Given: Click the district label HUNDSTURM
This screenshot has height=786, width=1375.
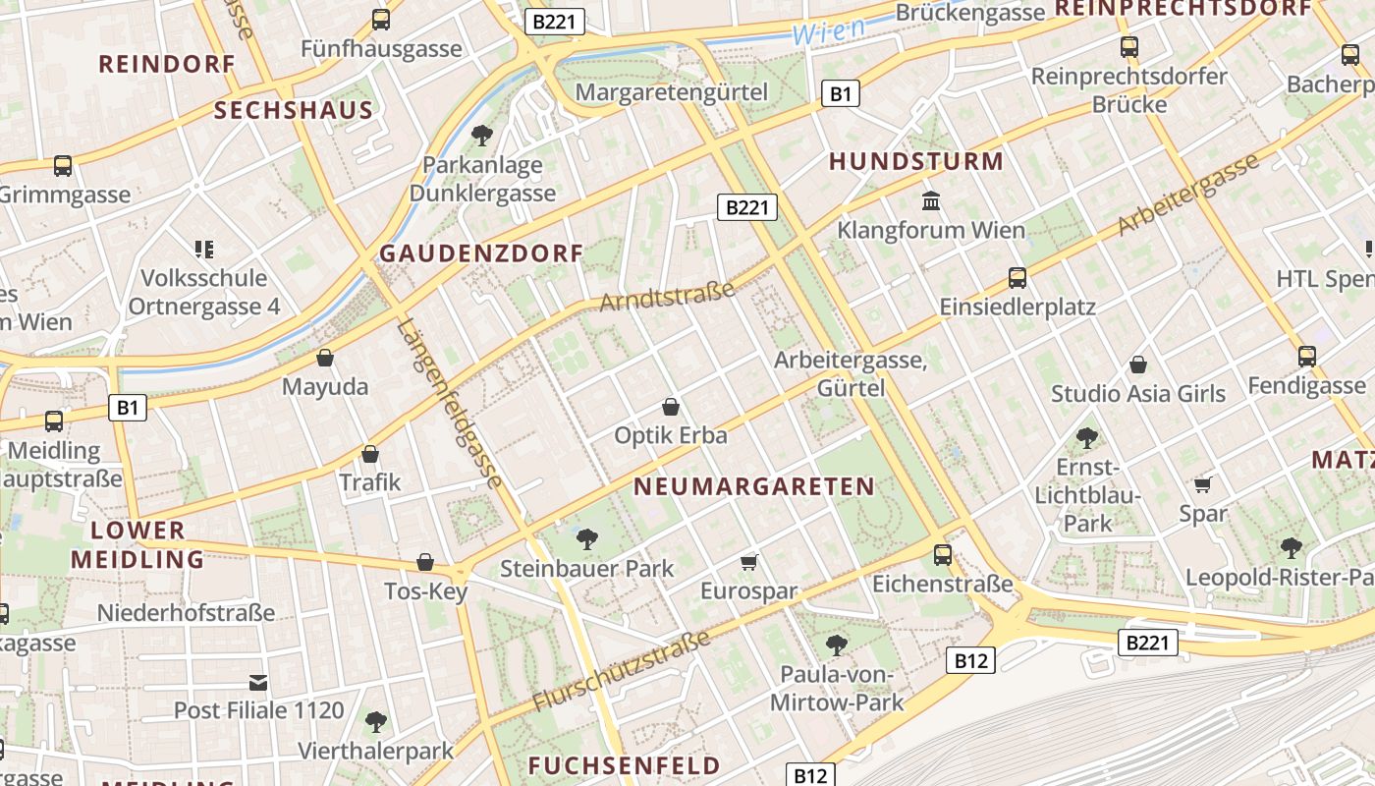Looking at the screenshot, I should pyautogui.click(x=915, y=162).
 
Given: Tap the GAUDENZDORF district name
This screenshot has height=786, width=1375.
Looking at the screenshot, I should pyautogui.click(x=481, y=253).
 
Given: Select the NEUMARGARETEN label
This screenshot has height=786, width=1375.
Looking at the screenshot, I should pyautogui.click(x=753, y=486).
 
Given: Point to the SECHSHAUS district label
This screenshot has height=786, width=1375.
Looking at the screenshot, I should pyautogui.click(x=294, y=111).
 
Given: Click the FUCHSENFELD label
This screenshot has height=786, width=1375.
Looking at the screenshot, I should pyautogui.click(x=624, y=766).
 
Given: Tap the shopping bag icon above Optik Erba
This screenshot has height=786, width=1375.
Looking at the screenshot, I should pyautogui.click(x=671, y=406).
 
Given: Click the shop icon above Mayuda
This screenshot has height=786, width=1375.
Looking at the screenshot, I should pyautogui.click(x=325, y=358).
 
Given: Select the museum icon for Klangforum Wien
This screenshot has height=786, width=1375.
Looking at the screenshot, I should pyautogui.click(x=930, y=201).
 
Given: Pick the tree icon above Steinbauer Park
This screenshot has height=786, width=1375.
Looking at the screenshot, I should pyautogui.click(x=587, y=538).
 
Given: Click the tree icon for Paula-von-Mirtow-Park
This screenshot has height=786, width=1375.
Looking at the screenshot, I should pyautogui.click(x=836, y=645).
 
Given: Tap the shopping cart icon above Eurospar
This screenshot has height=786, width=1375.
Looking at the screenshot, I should pyautogui.click(x=749, y=562).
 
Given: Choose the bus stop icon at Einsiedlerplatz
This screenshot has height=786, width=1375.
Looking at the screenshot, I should pyautogui.click(x=1017, y=277).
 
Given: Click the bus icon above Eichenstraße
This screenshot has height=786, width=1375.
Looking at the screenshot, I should pyautogui.click(x=943, y=554).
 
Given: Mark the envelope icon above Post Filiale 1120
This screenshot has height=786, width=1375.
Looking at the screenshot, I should pyautogui.click(x=258, y=681).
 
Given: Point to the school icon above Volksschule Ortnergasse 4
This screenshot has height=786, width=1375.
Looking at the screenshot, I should pyautogui.click(x=204, y=249).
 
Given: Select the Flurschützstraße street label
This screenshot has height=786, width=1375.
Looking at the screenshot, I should pyautogui.click(x=621, y=673).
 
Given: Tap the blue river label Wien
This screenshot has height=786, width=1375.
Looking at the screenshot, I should pyautogui.click(x=828, y=30).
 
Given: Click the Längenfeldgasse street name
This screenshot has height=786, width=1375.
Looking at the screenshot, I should pyautogui.click(x=451, y=403).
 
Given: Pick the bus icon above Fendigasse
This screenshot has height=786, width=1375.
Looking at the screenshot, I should pyautogui.click(x=1306, y=356).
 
